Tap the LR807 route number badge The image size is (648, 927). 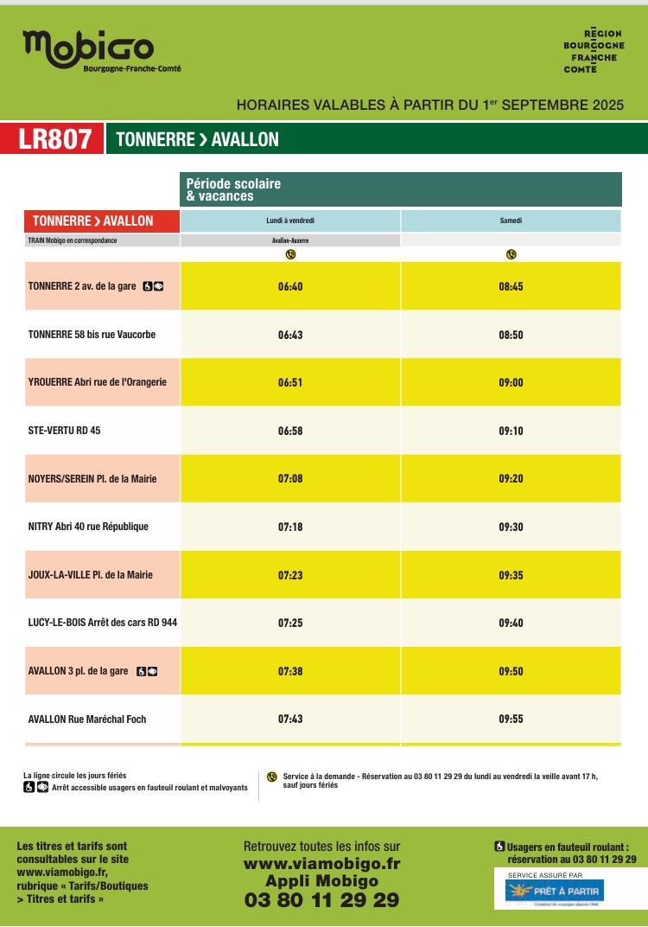pyautogui.click(x=54, y=139)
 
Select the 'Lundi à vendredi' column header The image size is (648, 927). pyautogui.click(x=290, y=221)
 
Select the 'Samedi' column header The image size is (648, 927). pyautogui.click(x=511, y=221)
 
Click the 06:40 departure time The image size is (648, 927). pyautogui.click(x=290, y=286)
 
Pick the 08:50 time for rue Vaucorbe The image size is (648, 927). pyautogui.click(x=511, y=335)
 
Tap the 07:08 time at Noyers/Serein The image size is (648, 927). pyautogui.click(x=290, y=478)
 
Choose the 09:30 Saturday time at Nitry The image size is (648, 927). pyautogui.click(x=511, y=527)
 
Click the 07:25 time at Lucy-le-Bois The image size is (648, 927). pyautogui.click(x=290, y=623)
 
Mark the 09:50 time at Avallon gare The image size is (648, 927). pyautogui.click(x=511, y=671)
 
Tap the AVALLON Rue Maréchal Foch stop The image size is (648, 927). pyautogui.click(x=87, y=719)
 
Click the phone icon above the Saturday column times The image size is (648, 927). pyautogui.click(x=511, y=254)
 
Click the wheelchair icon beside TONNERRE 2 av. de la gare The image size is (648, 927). pyautogui.click(x=147, y=286)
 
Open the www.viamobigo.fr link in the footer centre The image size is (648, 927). pyautogui.click(x=322, y=863)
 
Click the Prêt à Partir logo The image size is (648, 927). pyautogui.click(x=555, y=890)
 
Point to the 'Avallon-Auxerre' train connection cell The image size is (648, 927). pyautogui.click(x=290, y=240)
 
